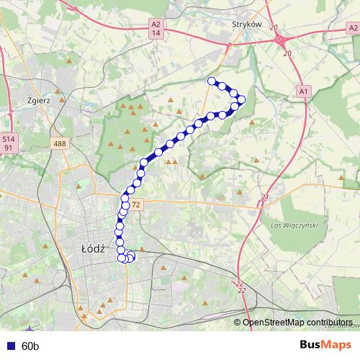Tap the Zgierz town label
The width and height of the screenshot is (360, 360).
[x=36, y=101]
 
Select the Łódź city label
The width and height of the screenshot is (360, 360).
[x=93, y=248]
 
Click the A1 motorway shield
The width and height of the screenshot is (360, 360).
[x=302, y=91]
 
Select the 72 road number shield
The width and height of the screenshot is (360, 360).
[x=137, y=205]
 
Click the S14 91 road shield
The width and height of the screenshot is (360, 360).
[x=8, y=142]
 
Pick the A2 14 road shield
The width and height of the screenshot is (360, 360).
[x=156, y=28]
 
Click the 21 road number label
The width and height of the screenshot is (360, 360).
[x=265, y=197]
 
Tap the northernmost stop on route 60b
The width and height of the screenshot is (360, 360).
[x=212, y=81]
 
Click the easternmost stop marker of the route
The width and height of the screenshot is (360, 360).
[x=242, y=99]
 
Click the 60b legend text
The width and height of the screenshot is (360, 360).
[x=30, y=346]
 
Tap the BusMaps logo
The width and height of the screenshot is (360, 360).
[x=325, y=345]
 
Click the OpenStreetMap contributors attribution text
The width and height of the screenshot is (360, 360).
[x=297, y=323]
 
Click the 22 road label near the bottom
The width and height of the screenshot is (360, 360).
[x=241, y=286]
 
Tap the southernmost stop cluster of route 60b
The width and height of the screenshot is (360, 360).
[x=127, y=257]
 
